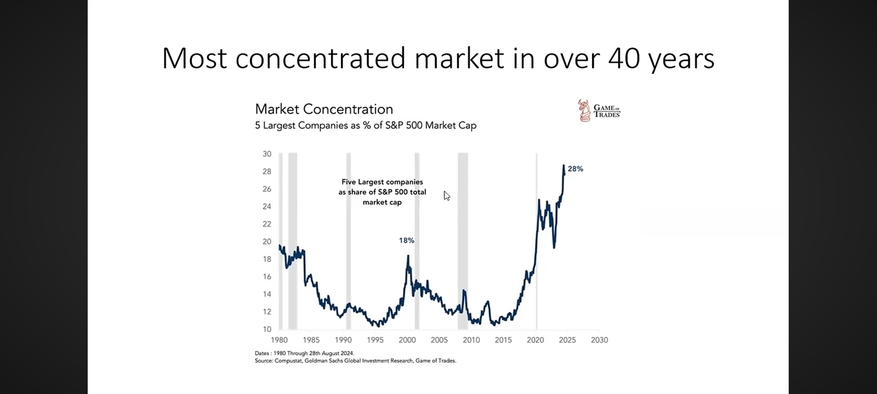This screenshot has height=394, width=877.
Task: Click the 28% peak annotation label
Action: [575, 169]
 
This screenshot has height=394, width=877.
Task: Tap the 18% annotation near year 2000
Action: [406, 240]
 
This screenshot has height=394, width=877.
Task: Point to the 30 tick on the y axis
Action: [267, 154]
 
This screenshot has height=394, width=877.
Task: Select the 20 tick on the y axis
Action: [267, 242]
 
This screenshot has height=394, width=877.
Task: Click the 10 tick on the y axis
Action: [267, 329]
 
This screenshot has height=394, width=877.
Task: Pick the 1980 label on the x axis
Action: [279, 340]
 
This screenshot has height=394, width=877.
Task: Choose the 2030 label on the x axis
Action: [599, 340]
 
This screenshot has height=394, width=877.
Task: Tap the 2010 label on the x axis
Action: [471, 340]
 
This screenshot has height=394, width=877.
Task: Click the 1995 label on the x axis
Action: [375, 340]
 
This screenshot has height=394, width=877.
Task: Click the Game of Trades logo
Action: [599, 111]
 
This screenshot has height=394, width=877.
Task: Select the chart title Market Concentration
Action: [324, 109]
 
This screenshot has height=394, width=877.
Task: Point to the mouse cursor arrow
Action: [447, 196]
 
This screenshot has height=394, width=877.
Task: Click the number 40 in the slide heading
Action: [624, 58]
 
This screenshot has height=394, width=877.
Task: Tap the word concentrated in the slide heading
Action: [320, 58]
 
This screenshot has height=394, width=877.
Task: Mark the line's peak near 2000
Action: [408, 256]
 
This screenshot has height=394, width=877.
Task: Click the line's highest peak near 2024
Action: [563, 166]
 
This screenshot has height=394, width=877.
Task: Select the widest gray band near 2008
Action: [463, 241]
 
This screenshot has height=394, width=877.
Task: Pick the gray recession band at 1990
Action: [349, 241]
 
